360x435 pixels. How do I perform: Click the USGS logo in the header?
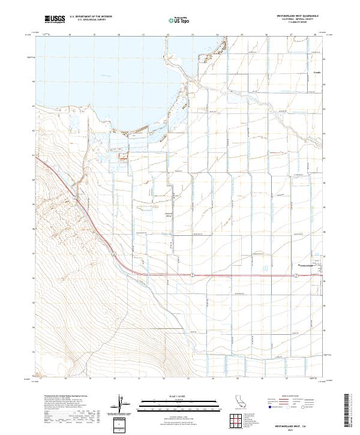[54, 20]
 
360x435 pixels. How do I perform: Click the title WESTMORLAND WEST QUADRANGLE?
[284, 16]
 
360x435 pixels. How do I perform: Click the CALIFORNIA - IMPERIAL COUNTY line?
[284, 20]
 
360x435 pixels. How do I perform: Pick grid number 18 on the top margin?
[70, 35]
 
